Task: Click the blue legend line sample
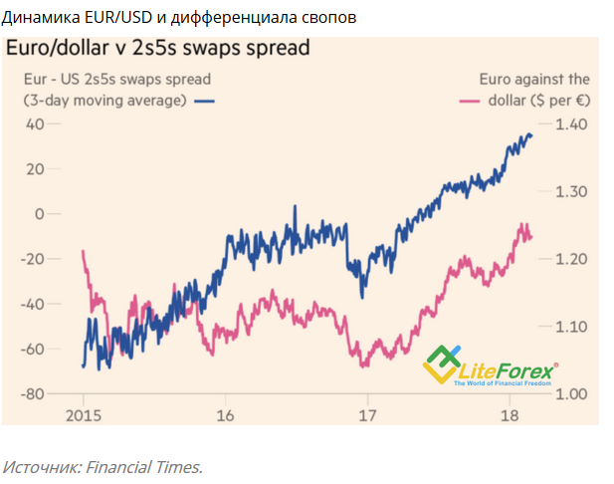[204, 101]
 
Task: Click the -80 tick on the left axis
[32, 393]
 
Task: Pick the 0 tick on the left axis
[41, 213]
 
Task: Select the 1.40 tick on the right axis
[573, 123]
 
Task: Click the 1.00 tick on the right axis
[573, 393]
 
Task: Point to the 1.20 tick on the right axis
[573, 259]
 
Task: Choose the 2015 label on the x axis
[83, 415]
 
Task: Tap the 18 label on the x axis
[510, 415]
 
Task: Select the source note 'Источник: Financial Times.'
[102, 465]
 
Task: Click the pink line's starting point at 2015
[83, 251]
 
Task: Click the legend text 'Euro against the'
[533, 79]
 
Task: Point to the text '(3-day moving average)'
[104, 101]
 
